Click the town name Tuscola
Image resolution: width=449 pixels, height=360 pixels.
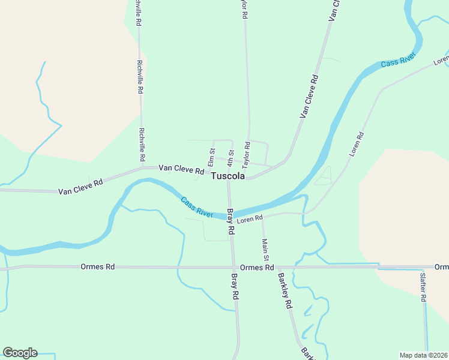click(228, 176)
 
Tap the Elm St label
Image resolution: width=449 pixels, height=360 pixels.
click(211, 157)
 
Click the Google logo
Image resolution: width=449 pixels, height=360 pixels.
click(20, 353)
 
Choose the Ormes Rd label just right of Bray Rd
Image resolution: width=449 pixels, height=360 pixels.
click(256, 267)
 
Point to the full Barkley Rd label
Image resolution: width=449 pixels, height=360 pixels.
click(284, 291)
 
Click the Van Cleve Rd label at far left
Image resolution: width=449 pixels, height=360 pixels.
click(80, 187)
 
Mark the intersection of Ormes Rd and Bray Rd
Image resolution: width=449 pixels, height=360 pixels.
click(234, 267)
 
